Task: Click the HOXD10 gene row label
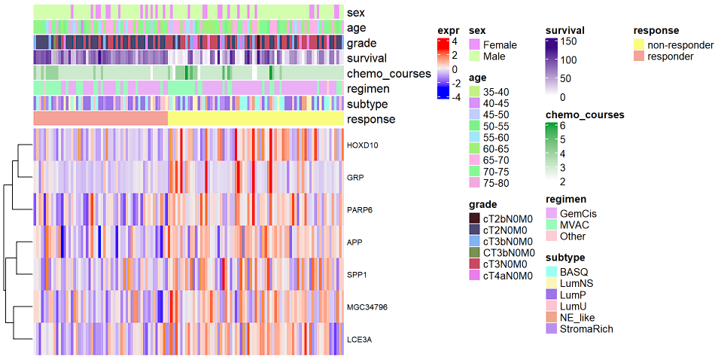(x=358, y=145)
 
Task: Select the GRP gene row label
(x=354, y=177)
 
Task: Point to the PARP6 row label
(x=357, y=209)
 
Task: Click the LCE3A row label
(x=357, y=339)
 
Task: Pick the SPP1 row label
(x=356, y=274)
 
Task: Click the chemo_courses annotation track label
(x=388, y=74)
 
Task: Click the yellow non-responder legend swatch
(x=639, y=45)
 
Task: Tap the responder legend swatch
(x=639, y=56)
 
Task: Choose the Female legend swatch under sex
(x=474, y=45)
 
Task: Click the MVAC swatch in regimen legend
(x=551, y=224)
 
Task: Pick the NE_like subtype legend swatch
(x=551, y=317)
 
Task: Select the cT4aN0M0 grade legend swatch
(x=474, y=276)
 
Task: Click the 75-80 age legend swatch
(x=474, y=183)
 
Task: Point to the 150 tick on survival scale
(x=568, y=41)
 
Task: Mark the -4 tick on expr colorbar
(x=455, y=96)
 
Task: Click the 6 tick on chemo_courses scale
(x=561, y=126)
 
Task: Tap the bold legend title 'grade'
(x=482, y=204)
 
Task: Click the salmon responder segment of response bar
(x=100, y=119)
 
